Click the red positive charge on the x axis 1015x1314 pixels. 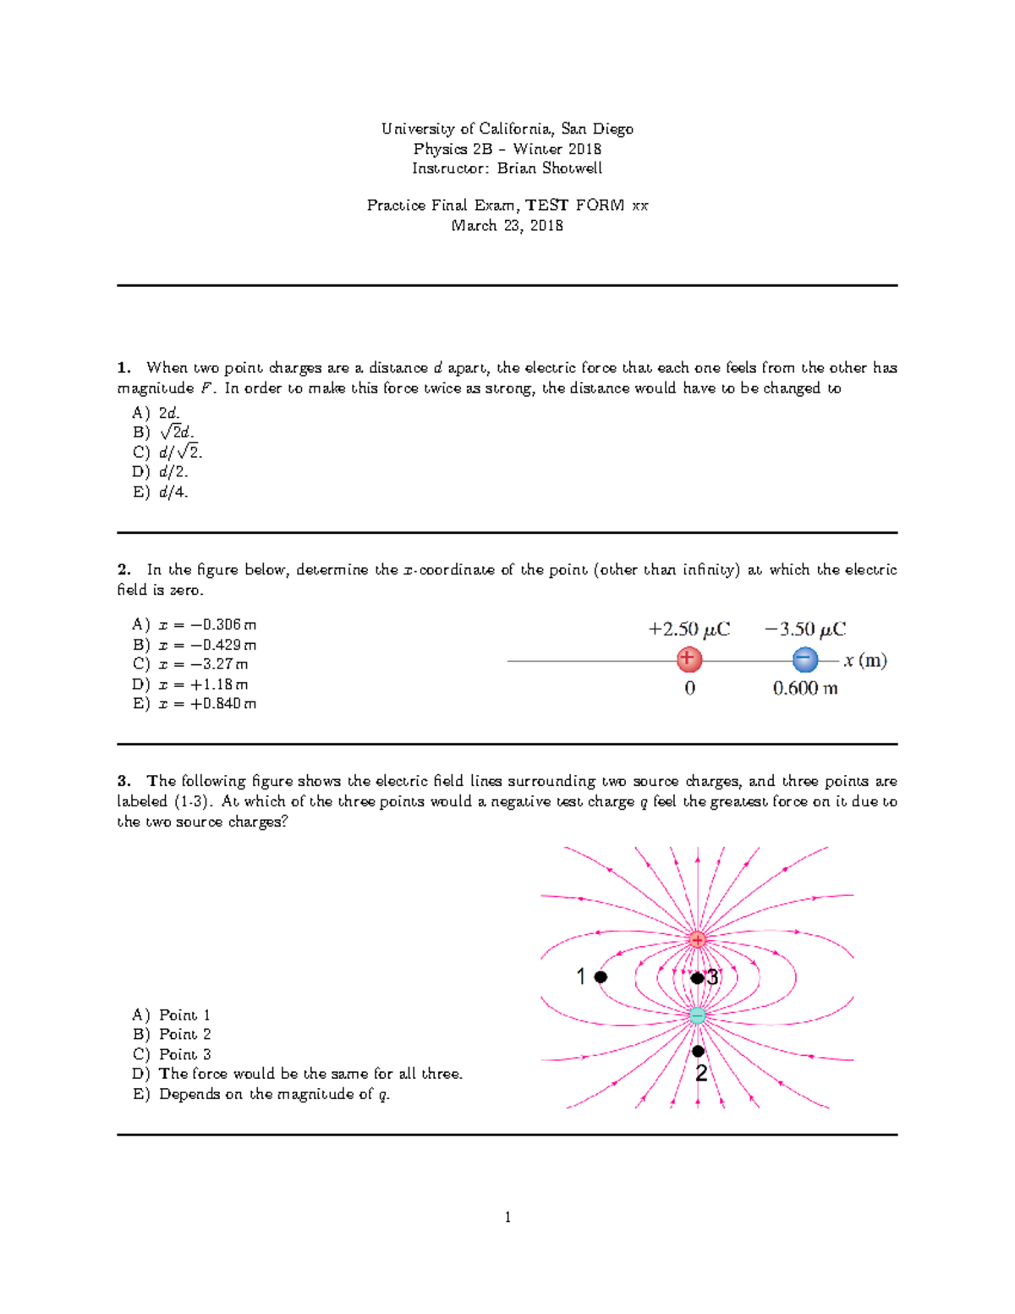pos(689,659)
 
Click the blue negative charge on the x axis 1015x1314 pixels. pos(804,659)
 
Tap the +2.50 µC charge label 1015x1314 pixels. pos(689,630)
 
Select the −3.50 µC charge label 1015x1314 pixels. pos(804,630)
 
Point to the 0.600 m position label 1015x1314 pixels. pos(804,689)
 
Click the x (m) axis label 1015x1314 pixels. pos(864,661)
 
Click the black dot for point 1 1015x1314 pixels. pos(601,976)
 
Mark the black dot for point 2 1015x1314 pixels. pos(698,1051)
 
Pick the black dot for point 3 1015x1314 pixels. pos(696,978)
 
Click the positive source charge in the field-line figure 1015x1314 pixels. pos(697,939)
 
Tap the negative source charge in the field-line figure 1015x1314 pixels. pos(697,1015)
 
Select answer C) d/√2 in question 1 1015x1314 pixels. pos(167,452)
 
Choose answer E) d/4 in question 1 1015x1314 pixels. pos(161,492)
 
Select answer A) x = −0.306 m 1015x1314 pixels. pos(194,625)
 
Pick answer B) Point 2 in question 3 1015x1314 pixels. pos(172,1034)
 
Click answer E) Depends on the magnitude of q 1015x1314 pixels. pos(261,1094)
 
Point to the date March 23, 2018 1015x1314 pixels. pos(507,226)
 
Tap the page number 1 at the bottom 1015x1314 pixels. pos(507,1218)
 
